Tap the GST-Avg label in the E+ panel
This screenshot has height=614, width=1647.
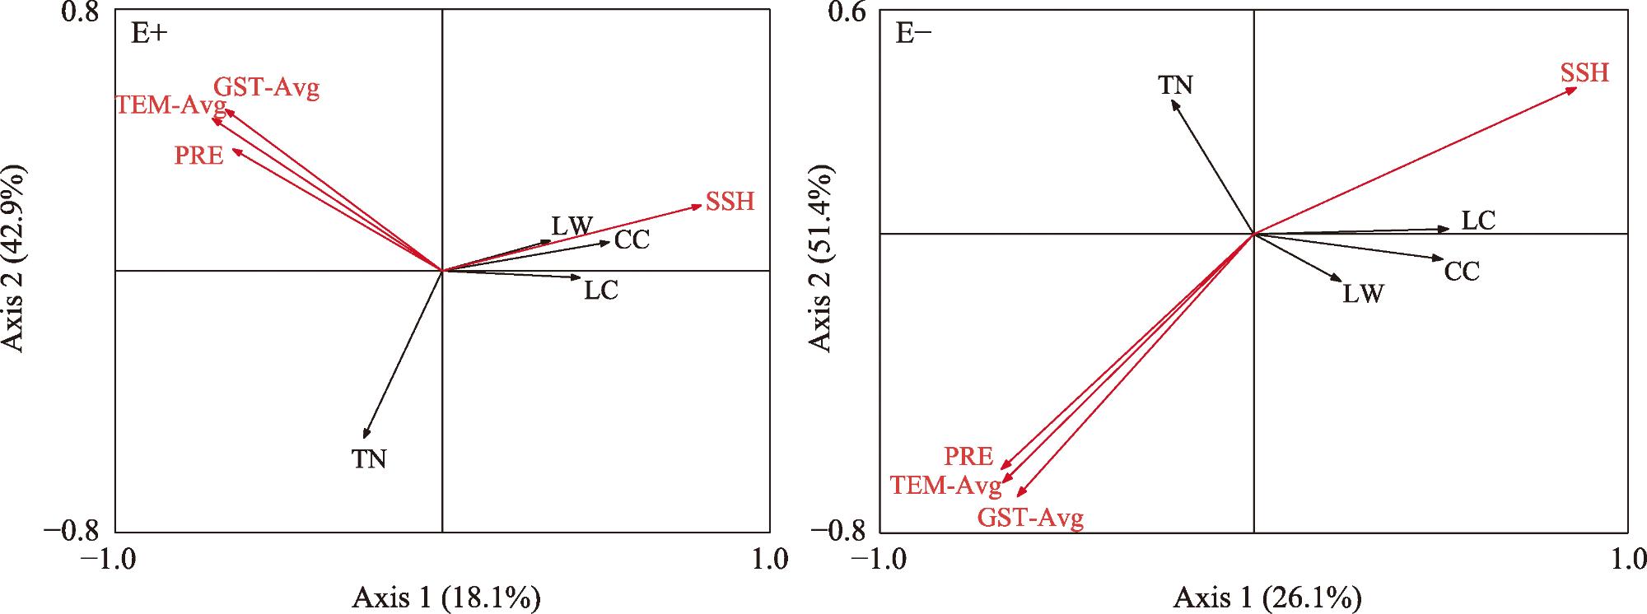[x=266, y=87]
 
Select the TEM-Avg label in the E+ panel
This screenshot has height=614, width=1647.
[x=170, y=105]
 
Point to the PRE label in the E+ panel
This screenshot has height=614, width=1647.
[x=199, y=155]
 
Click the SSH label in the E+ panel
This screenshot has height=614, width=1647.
[x=730, y=202]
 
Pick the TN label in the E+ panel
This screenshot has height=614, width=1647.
[x=370, y=459]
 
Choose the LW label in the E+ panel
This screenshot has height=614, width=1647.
[x=572, y=226]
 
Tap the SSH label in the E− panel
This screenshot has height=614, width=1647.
[x=1584, y=73]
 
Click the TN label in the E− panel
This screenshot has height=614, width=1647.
[x=1175, y=86]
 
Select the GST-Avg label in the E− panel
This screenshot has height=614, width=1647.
[x=1030, y=519]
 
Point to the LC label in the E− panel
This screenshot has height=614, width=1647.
[x=1478, y=221]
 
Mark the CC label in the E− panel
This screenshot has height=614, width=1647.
[x=1462, y=272]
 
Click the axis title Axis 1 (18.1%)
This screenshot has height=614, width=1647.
[x=446, y=598]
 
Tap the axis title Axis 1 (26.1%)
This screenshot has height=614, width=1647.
[x=1267, y=598]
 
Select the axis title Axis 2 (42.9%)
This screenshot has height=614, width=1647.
[x=15, y=257]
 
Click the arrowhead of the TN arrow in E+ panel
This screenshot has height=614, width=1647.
[x=365, y=436]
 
